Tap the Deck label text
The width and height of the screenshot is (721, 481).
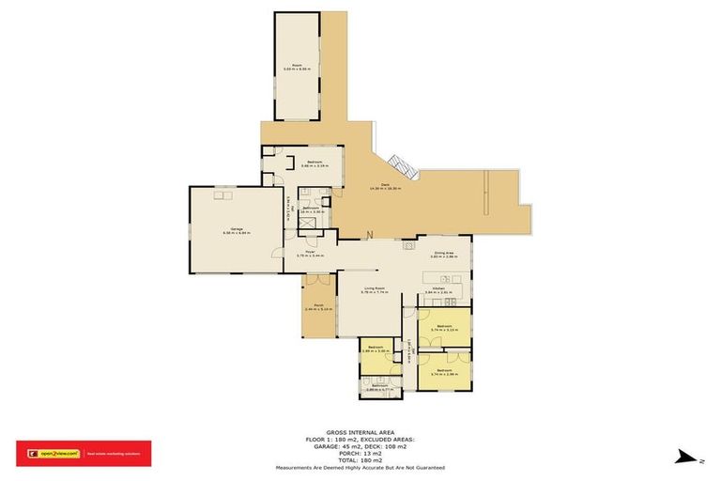point(384,187)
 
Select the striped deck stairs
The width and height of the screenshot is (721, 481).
point(402,166)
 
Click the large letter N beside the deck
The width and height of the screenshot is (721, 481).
point(370,234)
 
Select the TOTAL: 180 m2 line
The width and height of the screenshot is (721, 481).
point(360,460)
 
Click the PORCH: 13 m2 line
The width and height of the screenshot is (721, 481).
point(360,453)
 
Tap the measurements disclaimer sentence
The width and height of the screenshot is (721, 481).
point(360,468)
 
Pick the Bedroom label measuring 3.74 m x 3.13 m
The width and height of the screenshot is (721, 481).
point(444,329)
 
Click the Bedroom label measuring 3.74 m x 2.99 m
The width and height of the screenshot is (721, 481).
point(444,371)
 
